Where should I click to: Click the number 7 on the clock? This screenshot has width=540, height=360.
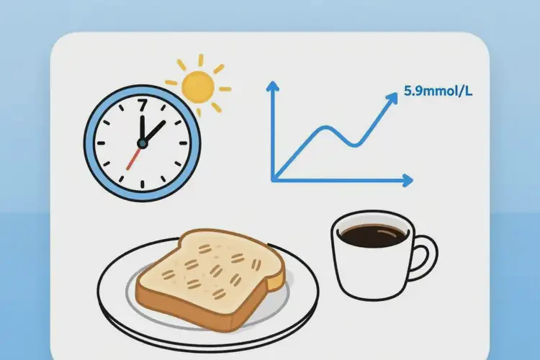click(143, 105)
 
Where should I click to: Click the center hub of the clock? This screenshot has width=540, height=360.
click(143, 143)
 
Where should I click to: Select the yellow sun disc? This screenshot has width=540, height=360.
click(198, 87)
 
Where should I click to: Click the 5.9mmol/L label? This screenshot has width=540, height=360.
click(438, 91)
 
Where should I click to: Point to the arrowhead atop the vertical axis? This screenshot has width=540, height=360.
click(273, 86)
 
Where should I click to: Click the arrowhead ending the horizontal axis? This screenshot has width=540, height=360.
click(408, 180)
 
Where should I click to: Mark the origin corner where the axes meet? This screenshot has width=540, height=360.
click(274, 179)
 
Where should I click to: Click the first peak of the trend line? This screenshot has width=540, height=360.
click(325, 127)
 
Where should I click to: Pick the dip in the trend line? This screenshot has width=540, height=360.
click(355, 145)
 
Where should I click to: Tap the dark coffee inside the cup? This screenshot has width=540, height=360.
click(373, 236)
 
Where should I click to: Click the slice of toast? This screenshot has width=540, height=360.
click(211, 279)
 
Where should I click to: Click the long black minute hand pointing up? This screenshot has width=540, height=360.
click(142, 129)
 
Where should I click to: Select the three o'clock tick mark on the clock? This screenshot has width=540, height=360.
click(184, 143)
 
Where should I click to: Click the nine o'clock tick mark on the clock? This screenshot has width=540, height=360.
click(101, 143)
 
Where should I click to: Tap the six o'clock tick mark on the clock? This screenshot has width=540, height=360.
click(143, 184)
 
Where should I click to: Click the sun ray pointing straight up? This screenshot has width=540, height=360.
click(201, 60)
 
